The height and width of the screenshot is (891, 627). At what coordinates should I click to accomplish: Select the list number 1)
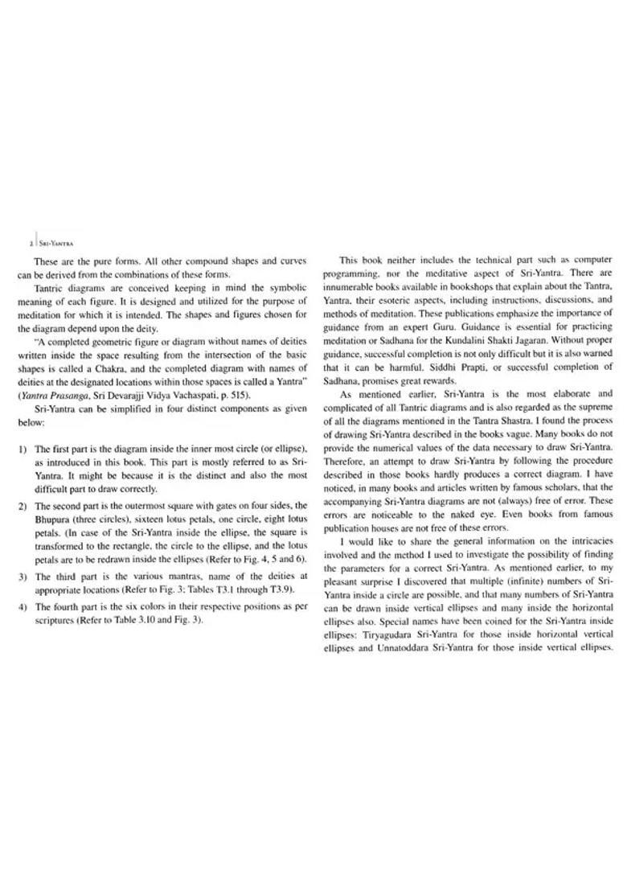coord(22,448)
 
